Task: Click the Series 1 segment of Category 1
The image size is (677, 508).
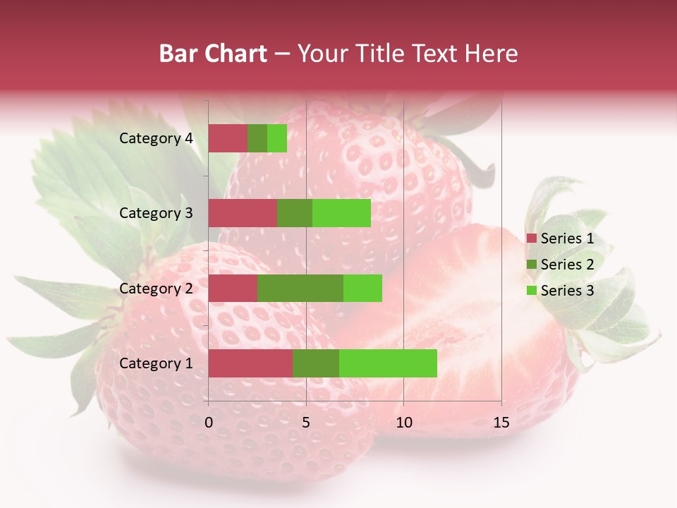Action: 250,363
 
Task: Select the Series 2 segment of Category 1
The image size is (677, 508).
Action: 316,363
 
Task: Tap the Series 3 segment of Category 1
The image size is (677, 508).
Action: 388,363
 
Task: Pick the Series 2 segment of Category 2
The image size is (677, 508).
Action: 300,288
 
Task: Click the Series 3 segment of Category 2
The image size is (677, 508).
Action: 362,288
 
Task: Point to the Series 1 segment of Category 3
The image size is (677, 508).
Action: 243,213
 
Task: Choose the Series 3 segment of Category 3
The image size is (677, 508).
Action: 341,213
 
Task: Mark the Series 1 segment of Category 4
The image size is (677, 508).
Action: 228,138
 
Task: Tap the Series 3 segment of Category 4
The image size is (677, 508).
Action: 277,138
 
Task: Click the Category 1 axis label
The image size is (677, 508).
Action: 156,363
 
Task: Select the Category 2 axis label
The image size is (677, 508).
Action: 156,288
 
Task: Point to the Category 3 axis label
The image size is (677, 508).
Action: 156,213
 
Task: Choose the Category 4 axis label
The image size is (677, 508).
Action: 156,138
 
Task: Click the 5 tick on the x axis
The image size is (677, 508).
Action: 306,423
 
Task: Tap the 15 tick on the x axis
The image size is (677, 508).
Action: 501,423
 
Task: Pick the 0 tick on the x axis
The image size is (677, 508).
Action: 209,423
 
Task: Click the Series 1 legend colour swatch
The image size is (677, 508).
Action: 532,238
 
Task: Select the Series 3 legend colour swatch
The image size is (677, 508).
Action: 532,291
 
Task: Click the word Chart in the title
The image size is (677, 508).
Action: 239,54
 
